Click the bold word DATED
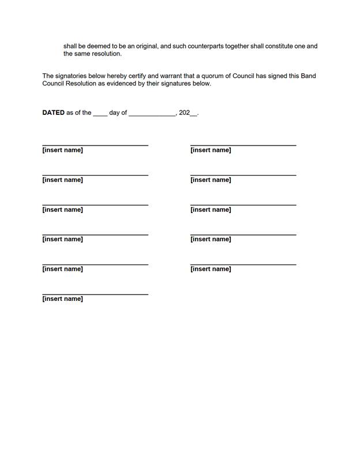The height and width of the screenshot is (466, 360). [53, 113]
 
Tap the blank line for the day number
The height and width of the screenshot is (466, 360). [100, 114]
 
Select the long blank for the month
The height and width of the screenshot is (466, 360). [152, 114]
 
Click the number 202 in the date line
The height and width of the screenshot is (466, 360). [184, 113]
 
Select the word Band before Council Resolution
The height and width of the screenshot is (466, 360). [308, 76]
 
